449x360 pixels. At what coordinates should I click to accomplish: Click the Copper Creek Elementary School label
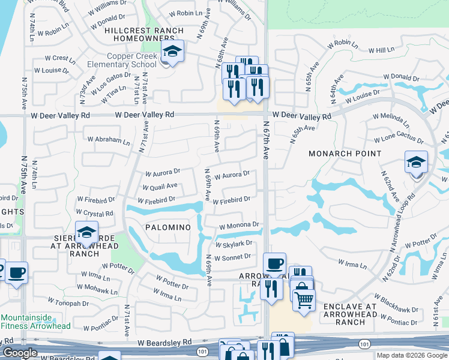122,60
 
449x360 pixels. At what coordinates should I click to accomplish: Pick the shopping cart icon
304,298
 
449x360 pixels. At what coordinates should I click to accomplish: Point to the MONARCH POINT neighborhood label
345,154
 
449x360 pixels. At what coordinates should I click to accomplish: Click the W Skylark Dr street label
234,244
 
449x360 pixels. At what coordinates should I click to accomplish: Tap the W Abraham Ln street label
109,141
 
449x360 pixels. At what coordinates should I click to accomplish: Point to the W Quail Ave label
161,187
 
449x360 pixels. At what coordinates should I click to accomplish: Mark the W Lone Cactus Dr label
398,137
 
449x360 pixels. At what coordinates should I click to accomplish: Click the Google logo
20,353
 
